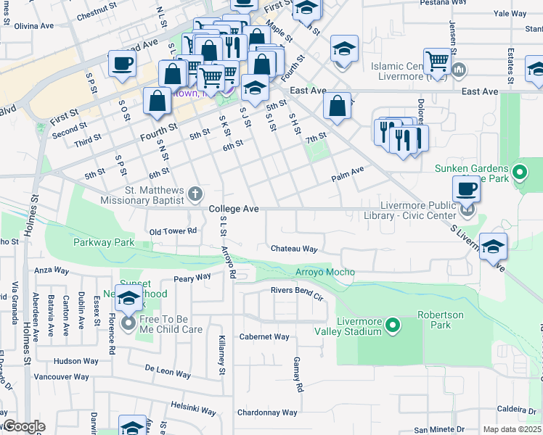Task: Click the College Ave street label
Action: click(234, 209)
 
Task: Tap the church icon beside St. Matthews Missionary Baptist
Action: click(195, 194)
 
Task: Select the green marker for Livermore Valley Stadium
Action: click(393, 324)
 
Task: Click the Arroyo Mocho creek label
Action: click(325, 272)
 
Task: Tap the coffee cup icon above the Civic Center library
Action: click(466, 188)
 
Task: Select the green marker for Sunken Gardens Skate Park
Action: click(519, 173)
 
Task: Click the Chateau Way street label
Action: click(294, 249)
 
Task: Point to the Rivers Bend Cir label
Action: click(297, 293)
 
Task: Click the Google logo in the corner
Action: click(23, 426)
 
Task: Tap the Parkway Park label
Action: click(103, 242)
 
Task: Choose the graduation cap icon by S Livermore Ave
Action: click(493, 246)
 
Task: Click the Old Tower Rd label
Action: click(173, 231)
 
